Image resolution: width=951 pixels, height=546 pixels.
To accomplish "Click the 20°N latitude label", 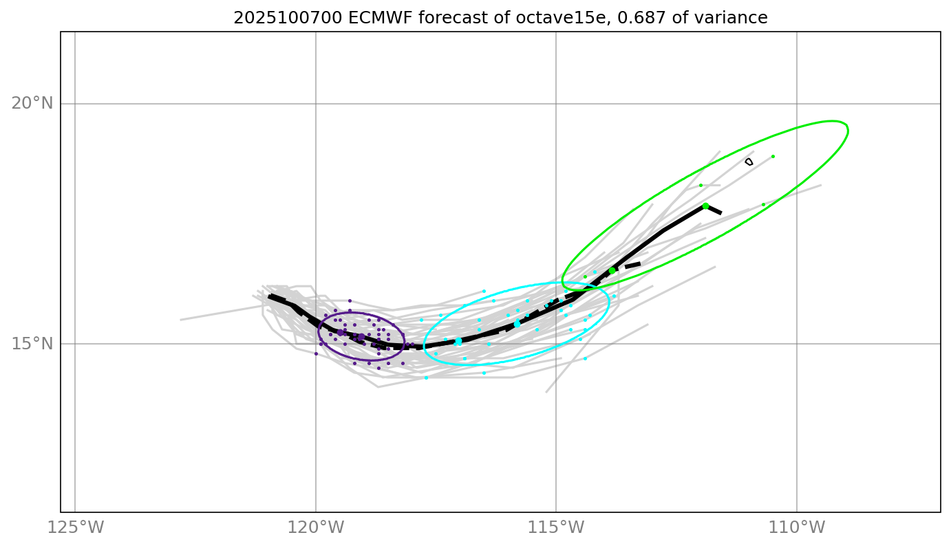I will click(32, 104).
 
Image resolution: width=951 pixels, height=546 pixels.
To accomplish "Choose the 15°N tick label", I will click(32, 344).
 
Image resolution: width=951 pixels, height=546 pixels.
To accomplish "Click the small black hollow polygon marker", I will click(749, 162).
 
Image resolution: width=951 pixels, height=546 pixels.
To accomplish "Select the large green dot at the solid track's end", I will click(705, 206).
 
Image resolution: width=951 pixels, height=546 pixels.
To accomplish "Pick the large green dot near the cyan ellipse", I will click(612, 270).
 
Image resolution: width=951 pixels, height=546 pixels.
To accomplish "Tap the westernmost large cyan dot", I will click(458, 341).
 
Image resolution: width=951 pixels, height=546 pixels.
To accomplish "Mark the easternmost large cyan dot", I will click(517, 324).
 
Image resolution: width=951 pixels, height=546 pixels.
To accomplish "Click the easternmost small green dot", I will click(773, 156).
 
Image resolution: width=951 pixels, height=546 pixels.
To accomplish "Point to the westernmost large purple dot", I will click(340, 333).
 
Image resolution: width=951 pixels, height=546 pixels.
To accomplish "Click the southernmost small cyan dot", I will click(426, 378).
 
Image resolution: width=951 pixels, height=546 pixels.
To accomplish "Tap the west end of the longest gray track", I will click(181, 320).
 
